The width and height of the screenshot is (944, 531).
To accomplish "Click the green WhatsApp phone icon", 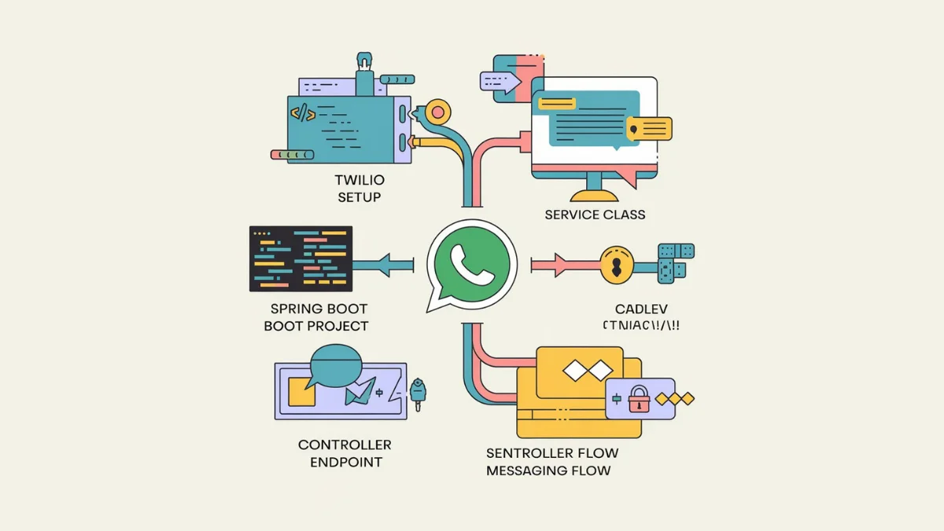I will pos(472,264).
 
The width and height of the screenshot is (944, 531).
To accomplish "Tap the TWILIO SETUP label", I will pos(359,189).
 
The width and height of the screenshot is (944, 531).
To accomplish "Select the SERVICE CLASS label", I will pos(595,214).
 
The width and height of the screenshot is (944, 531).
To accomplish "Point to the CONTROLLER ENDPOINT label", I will pos(345,453).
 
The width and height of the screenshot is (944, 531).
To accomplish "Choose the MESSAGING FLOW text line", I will pos(548,470).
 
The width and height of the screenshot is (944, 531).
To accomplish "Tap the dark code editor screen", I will pos(301,256).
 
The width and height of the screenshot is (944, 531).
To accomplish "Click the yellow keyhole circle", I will pos(616,264).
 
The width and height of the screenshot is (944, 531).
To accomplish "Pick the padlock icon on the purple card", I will pos(638,397).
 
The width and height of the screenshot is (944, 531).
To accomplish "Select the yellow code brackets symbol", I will pos(303,113).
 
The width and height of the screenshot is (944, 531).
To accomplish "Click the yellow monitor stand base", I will pos(594,195).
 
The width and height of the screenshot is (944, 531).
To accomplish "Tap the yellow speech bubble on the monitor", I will pos(650,128).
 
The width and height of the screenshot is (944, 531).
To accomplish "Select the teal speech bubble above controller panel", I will pos(335,366).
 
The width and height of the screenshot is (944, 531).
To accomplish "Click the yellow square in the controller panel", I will pos(301,391).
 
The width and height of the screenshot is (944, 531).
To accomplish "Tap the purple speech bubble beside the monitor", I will pos(500,80).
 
